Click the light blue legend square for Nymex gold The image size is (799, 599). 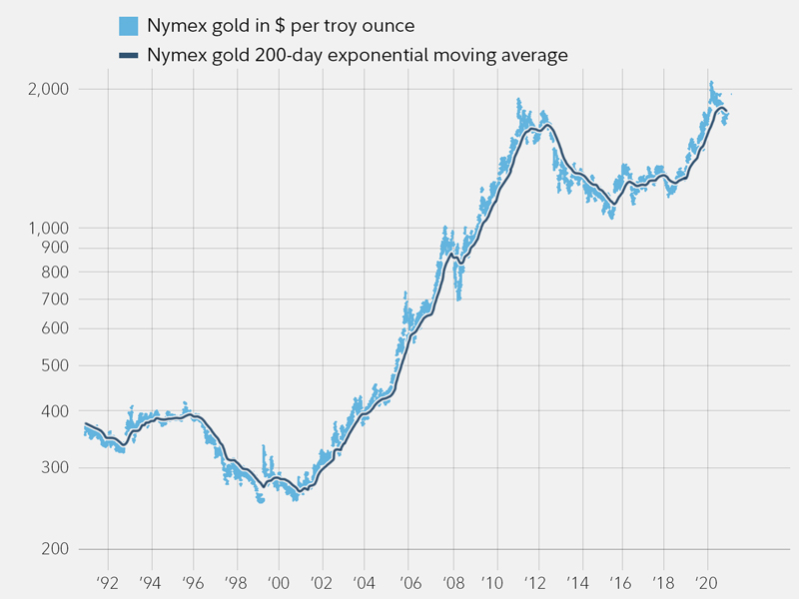click(x=128, y=25)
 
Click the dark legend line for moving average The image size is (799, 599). click(x=128, y=56)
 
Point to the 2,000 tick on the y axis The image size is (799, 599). click(x=47, y=90)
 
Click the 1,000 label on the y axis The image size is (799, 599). click(x=47, y=228)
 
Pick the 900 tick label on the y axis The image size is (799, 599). click(x=54, y=249)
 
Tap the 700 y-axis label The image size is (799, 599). click(x=54, y=299)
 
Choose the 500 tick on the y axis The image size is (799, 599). click(x=54, y=365)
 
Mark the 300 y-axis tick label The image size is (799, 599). click(x=54, y=468)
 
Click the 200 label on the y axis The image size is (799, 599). click(x=54, y=549)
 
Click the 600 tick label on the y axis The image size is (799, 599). click(x=54, y=329)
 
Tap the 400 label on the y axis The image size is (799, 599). click(x=54, y=411)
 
